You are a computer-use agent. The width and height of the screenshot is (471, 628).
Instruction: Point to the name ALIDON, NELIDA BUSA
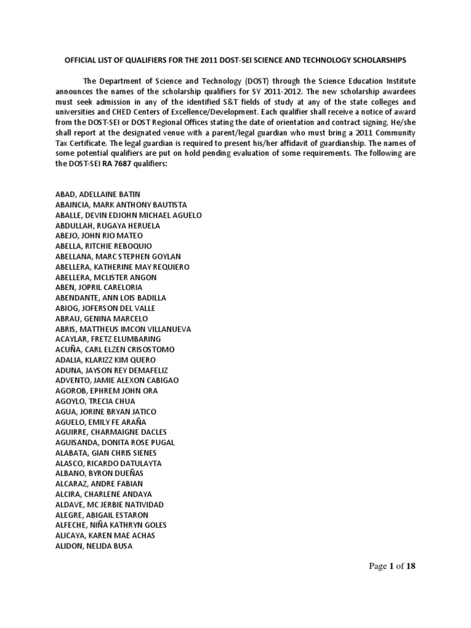[x=93, y=546]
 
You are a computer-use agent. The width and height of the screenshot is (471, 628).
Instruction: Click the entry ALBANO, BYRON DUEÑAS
[x=99, y=473]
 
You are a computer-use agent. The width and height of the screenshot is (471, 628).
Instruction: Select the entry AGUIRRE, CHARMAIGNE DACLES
[x=110, y=432]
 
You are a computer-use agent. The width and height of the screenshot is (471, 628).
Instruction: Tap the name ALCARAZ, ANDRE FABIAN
[x=98, y=484]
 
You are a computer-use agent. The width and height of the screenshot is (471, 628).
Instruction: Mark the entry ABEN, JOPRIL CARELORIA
[x=98, y=288]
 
